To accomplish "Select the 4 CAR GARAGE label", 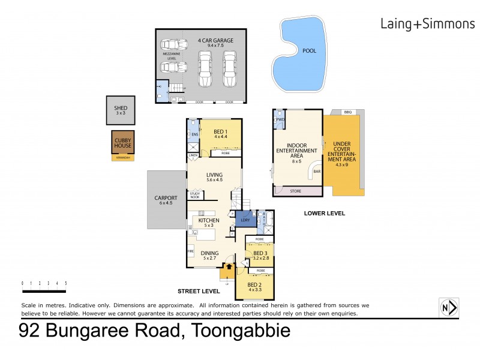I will (215, 41).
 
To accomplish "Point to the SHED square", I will (121, 110).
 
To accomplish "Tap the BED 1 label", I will (220, 131).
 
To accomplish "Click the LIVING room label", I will (214, 176).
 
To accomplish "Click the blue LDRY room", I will (245, 220).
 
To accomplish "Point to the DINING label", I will (209, 253).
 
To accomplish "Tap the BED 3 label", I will (260, 254).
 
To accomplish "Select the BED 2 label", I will (254, 286).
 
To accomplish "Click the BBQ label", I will (347, 112).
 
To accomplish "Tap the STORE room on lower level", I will (296, 192).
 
